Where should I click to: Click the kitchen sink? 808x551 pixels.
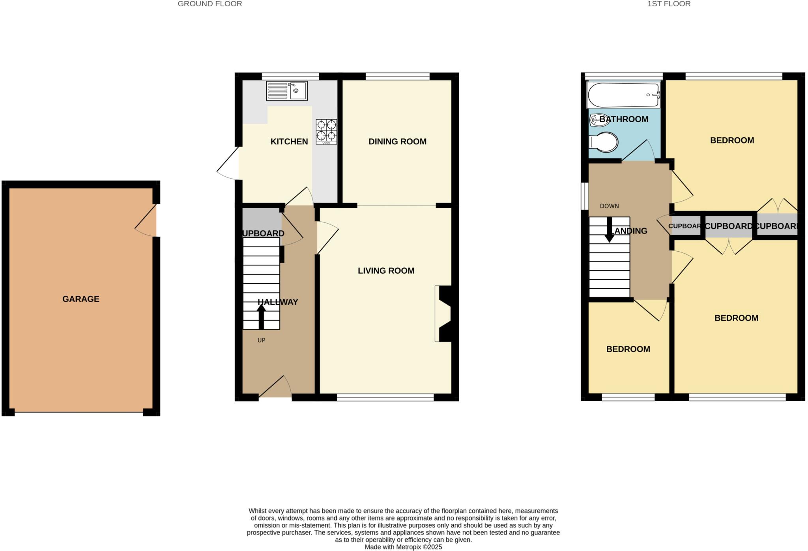[x=287, y=91]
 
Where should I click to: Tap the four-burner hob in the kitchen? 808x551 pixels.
[x=326, y=131]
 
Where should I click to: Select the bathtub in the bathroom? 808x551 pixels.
[x=623, y=95]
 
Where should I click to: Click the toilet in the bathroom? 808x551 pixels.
[x=603, y=142]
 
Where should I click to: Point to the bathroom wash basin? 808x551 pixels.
[x=599, y=120]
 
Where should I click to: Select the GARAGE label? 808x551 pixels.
[x=81, y=299]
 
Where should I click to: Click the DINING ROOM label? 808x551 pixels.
[x=397, y=142]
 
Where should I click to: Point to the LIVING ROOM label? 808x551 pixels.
[x=386, y=271]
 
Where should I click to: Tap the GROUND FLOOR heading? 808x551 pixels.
[x=210, y=4]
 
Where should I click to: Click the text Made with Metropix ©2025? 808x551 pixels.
[x=403, y=547]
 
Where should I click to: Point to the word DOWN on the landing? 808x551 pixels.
[x=609, y=206]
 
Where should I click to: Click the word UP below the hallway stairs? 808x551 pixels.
[x=261, y=340]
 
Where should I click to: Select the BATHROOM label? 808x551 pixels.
[x=624, y=119]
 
